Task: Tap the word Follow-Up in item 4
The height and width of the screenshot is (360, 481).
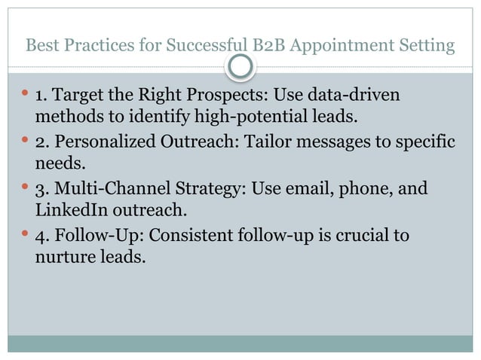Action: click(x=99, y=236)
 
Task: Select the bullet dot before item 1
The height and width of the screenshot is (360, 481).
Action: click(x=23, y=96)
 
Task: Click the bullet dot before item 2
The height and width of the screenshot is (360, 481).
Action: click(x=23, y=142)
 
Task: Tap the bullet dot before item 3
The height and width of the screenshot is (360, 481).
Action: click(x=23, y=187)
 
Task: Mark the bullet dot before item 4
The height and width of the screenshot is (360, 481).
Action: click(x=23, y=235)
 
